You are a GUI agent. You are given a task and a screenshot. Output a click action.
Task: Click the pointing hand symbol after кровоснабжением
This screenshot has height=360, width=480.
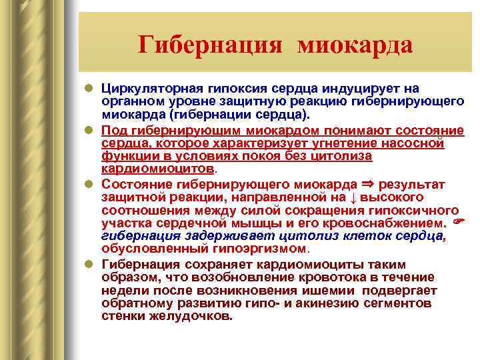[x=457, y=222]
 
